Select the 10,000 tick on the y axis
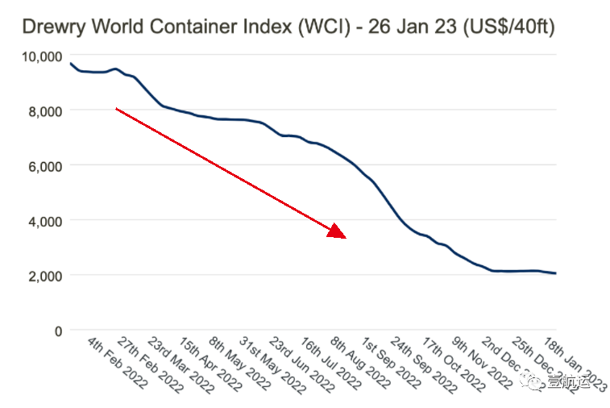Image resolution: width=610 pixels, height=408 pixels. click(40, 55)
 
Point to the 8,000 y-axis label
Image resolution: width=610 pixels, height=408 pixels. click(44, 110)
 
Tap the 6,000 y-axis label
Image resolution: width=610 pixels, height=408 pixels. click(44, 165)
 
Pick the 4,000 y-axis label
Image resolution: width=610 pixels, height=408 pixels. click(44, 220)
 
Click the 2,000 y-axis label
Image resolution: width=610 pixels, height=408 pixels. click(44, 275)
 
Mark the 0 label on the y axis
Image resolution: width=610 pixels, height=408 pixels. click(58, 330)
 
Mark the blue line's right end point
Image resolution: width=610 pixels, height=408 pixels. click(556, 273)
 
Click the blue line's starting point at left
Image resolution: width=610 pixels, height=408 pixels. click(70, 63)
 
